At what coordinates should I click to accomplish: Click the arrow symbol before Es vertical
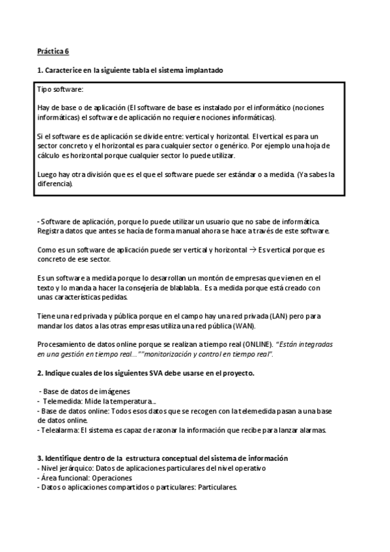click(x=253, y=250)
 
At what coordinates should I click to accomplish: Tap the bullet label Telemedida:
click(x=61, y=402)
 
